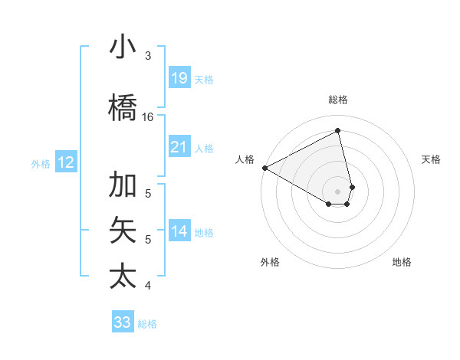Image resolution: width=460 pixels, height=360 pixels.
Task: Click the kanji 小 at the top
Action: [123, 47]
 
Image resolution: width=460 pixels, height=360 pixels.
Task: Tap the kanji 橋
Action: [123, 108]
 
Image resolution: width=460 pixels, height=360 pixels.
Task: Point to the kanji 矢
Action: [123, 231]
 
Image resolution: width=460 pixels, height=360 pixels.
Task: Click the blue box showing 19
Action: [179, 77]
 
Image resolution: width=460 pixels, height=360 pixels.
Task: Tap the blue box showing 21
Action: [179, 146]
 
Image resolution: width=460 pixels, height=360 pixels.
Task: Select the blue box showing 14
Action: [179, 231]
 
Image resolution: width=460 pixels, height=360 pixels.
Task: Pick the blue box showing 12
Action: [66, 162]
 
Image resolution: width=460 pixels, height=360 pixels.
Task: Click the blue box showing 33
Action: [123, 322]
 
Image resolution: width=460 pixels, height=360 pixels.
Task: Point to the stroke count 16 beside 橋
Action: [148, 117]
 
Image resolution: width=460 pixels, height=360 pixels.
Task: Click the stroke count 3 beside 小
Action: [148, 56]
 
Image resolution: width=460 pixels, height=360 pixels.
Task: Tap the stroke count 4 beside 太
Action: [148, 286]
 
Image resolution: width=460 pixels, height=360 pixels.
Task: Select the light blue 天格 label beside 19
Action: [204, 79]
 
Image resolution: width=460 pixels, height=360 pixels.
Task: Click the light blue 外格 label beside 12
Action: [41, 163]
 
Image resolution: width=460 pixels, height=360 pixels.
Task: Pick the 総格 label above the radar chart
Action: [338, 100]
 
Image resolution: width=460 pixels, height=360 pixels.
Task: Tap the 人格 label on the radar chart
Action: [245, 159]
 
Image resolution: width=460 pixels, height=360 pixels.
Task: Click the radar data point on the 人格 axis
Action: [264, 168]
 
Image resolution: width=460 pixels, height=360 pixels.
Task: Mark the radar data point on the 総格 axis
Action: [338, 131]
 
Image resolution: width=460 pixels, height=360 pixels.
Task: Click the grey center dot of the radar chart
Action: [338, 191]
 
